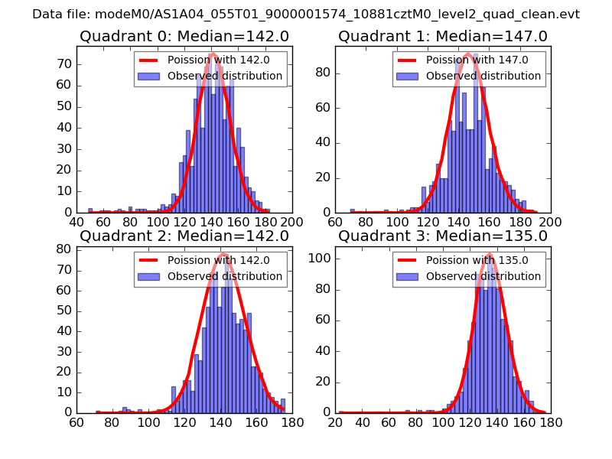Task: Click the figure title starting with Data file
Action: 306,15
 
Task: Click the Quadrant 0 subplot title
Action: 184,36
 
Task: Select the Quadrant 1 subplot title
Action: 442,36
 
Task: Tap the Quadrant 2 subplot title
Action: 184,236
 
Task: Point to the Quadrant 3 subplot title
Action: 442,236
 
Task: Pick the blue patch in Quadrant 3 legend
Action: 409,276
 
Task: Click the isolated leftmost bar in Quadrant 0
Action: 90,210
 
